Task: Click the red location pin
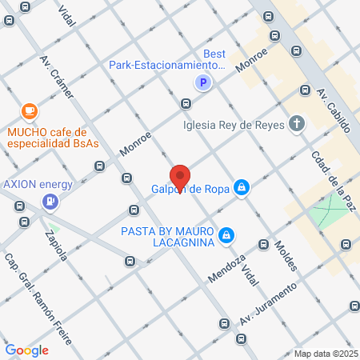click(x=180, y=177)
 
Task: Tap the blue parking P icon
click(x=203, y=82)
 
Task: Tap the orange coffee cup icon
click(x=30, y=110)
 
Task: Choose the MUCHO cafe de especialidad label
click(x=52, y=138)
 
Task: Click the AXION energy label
click(x=38, y=183)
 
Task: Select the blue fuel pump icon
click(x=50, y=201)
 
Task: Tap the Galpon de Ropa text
click(x=190, y=190)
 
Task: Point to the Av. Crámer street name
click(x=62, y=79)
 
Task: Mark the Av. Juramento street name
click(x=276, y=299)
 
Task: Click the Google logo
click(x=26, y=350)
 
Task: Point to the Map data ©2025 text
click(x=324, y=354)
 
